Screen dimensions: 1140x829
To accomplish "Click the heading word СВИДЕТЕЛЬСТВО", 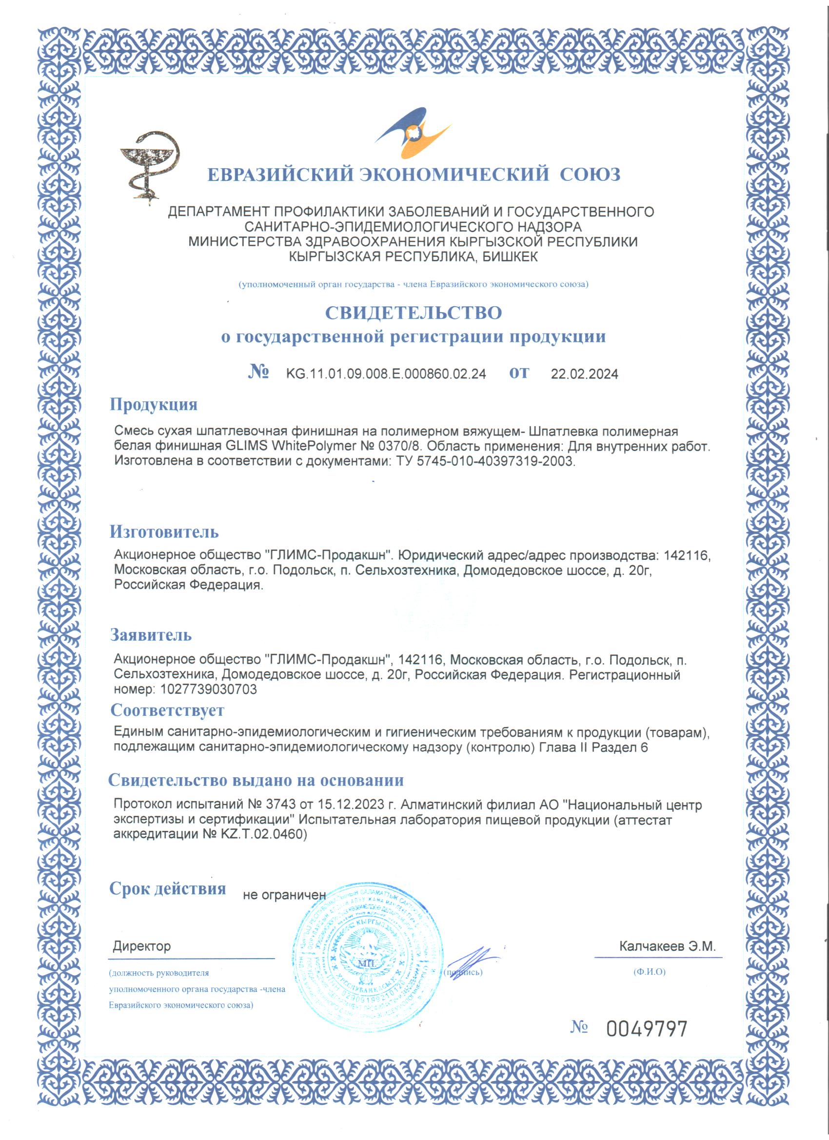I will coord(413,313).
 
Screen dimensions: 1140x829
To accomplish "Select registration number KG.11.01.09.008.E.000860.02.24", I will coord(386,374).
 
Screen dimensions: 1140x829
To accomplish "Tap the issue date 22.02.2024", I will coord(584,374).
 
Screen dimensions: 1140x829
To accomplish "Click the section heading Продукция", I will coord(153,405).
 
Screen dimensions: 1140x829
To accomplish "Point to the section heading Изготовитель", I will coord(164,531).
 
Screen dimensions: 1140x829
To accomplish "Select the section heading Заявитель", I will coord(151,635).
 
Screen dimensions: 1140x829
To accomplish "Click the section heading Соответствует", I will coord(167,710).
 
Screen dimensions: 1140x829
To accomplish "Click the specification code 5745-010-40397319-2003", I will coord(494,461).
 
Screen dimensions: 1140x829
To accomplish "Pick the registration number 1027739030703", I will coord(209,689).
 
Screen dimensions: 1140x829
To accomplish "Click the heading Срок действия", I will coord(167,888).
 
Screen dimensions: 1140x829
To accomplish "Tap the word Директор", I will coord(141,946).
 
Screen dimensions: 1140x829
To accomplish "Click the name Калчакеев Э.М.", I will coord(667,946).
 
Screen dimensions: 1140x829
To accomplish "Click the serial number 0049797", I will coord(647,1029).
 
